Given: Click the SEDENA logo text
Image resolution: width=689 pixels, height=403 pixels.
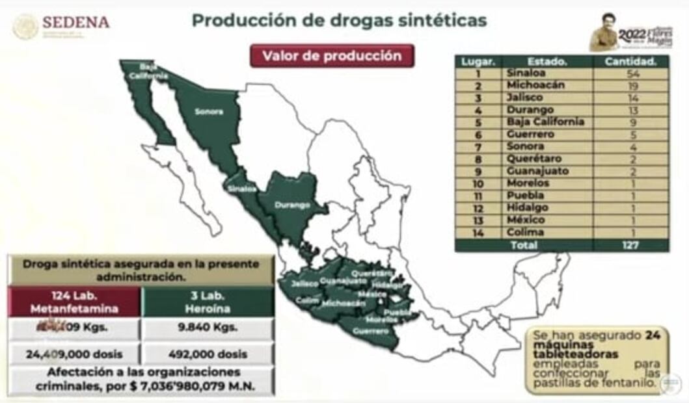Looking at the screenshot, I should pos(75,23).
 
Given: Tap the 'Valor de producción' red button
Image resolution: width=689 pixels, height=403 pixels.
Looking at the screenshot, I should pos(332,56).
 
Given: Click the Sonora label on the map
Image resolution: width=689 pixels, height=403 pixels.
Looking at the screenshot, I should pos(208,111).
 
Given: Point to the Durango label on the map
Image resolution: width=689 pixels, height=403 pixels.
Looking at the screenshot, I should pos(291,205).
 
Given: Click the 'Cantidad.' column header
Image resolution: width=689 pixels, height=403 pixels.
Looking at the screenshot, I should pos(630,61).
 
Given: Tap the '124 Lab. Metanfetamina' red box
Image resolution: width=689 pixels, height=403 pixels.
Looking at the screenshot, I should pos(74,302).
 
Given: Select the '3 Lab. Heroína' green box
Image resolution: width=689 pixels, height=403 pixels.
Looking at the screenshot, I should pos(207,302).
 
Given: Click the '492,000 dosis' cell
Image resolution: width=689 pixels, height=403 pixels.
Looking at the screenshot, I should pos(207,354).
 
